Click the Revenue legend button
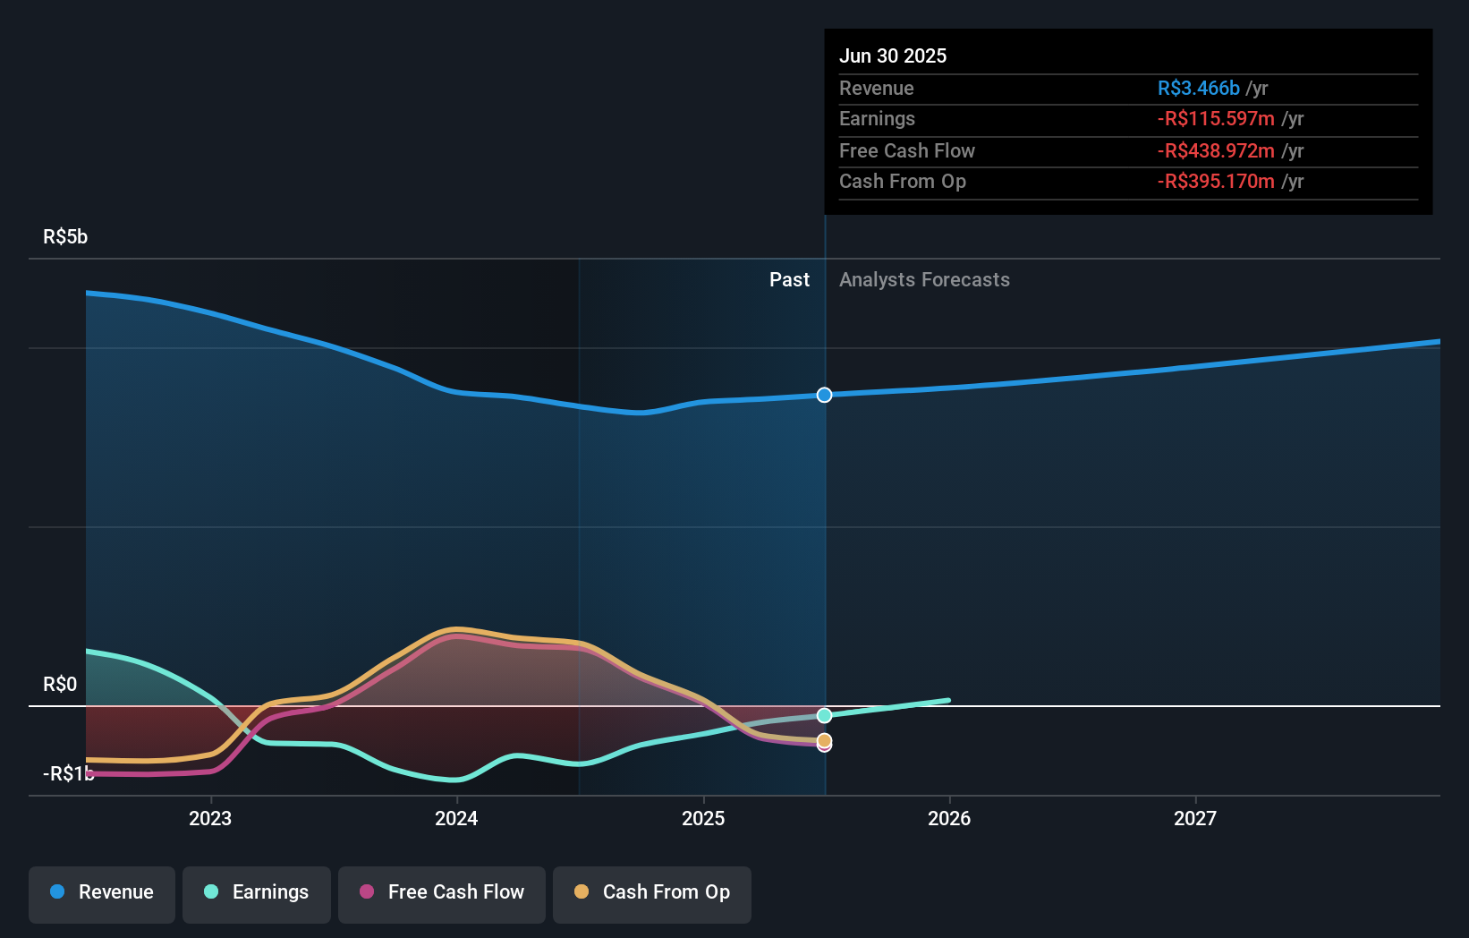click(x=102, y=892)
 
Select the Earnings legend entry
click(x=257, y=892)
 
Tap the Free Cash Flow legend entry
click(x=442, y=892)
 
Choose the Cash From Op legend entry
click(x=652, y=892)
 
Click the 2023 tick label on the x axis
click(x=210, y=818)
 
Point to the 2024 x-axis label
click(x=456, y=818)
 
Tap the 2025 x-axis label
click(x=703, y=818)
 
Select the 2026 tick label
click(x=949, y=818)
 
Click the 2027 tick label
click(x=1195, y=818)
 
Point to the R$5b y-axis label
click(x=65, y=236)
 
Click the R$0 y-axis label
click(x=60, y=684)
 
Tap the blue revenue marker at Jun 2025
click(x=824, y=395)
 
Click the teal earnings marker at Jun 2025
click(x=824, y=715)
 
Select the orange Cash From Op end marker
click(x=824, y=740)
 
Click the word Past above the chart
click(x=789, y=280)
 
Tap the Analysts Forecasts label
click(x=924, y=280)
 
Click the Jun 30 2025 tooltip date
click(x=892, y=55)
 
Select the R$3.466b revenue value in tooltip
click(x=1198, y=88)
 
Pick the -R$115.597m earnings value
click(x=1216, y=119)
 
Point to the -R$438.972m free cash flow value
click(x=1216, y=150)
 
